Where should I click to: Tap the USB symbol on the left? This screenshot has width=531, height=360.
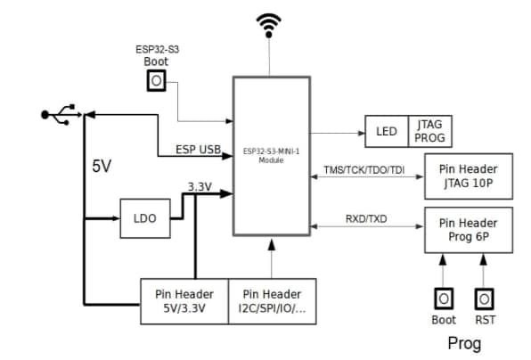pos(61,114)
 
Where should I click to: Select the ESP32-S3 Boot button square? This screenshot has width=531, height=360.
pos(156,81)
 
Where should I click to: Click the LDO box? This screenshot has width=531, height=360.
pos(145,219)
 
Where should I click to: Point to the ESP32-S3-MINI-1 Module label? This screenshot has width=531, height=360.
pos(271,155)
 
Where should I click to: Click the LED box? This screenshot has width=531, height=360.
pos(386,132)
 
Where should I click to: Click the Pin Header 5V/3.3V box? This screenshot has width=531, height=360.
pos(184,301)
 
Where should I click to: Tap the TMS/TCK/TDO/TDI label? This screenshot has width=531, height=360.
pos(364,168)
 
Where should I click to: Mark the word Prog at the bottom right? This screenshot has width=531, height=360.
pos(463,343)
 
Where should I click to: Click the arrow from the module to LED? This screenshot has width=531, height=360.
pos(338,132)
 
